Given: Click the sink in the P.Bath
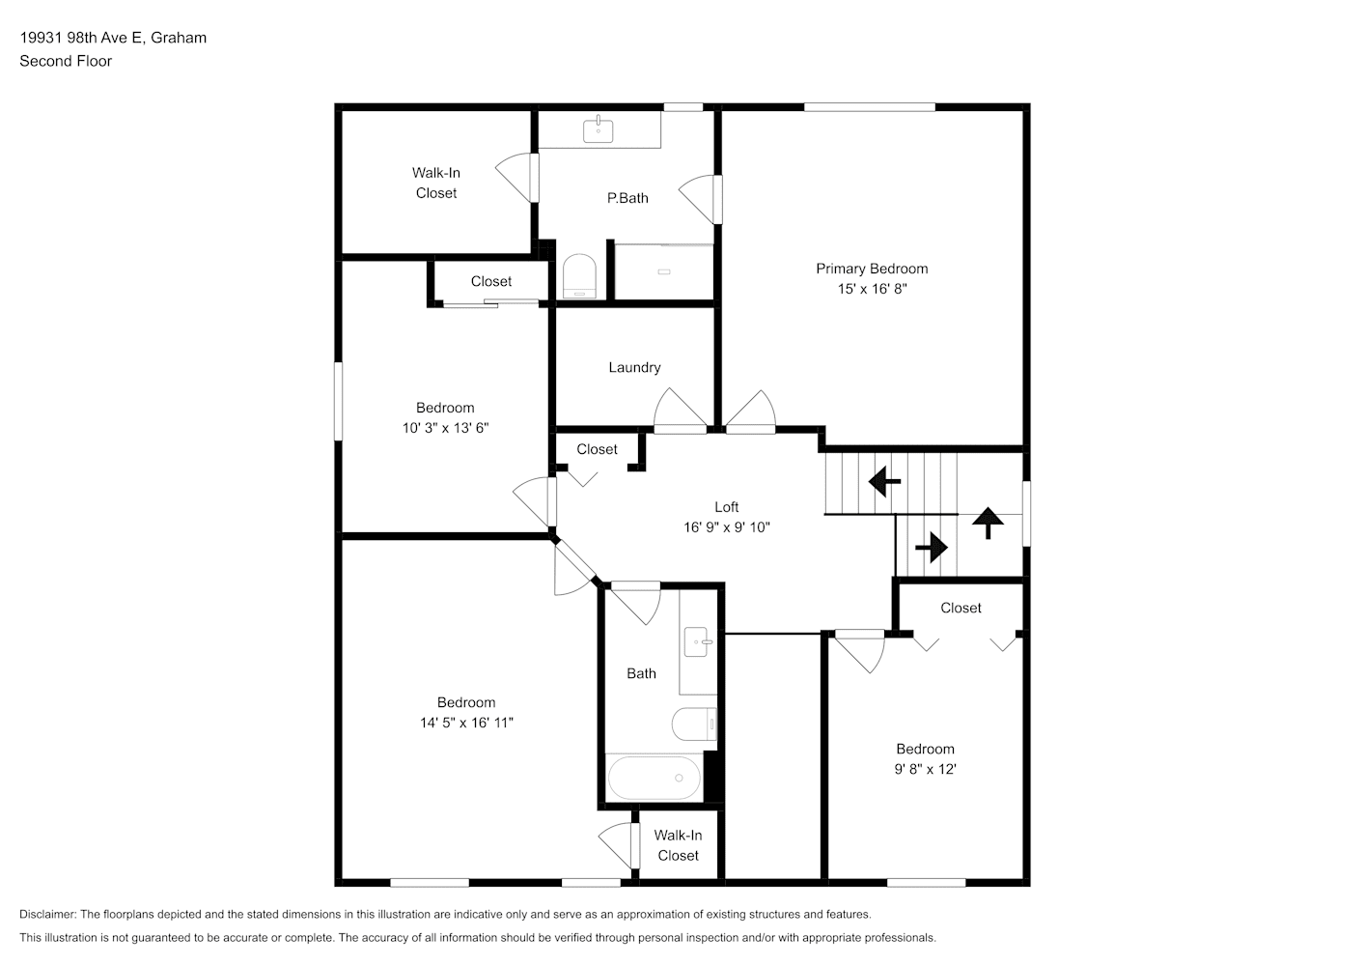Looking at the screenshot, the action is tap(598, 129).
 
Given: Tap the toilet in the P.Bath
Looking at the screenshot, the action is tap(579, 276).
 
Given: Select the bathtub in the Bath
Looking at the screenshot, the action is tap(655, 778).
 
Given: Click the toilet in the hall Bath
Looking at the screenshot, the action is tap(694, 724).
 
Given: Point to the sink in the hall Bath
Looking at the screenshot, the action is tap(698, 641).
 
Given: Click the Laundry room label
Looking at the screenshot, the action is tap(634, 367).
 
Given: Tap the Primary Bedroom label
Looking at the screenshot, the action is tap(872, 269).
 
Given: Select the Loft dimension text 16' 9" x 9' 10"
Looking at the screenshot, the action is tap(726, 526).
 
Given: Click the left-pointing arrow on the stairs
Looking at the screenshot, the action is tap(884, 482).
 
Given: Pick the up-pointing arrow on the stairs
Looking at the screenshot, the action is tap(988, 523).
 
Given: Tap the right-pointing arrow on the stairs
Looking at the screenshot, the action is tap(932, 547).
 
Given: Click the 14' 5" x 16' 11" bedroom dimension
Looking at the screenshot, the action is tap(466, 722).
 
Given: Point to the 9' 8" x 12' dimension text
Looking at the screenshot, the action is tap(925, 769).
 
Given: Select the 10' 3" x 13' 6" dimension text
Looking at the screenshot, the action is tap(445, 428).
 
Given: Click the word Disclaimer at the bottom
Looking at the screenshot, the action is tap(47, 914).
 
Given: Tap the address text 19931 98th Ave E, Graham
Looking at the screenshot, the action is tap(113, 38).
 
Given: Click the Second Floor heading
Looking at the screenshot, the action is tap(66, 61).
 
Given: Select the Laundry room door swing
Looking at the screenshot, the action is tap(680, 410).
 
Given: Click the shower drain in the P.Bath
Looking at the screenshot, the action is tap(664, 271).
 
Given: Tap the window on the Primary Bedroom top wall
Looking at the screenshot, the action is tap(870, 107).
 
